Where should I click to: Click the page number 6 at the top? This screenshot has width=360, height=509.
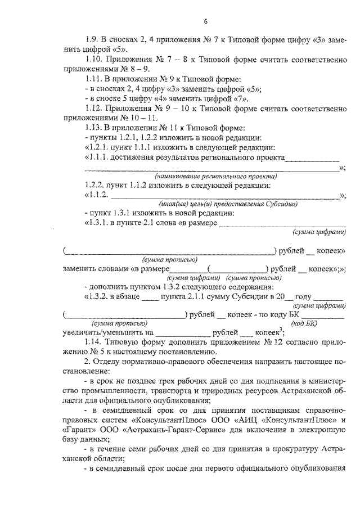[x=206, y=21]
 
